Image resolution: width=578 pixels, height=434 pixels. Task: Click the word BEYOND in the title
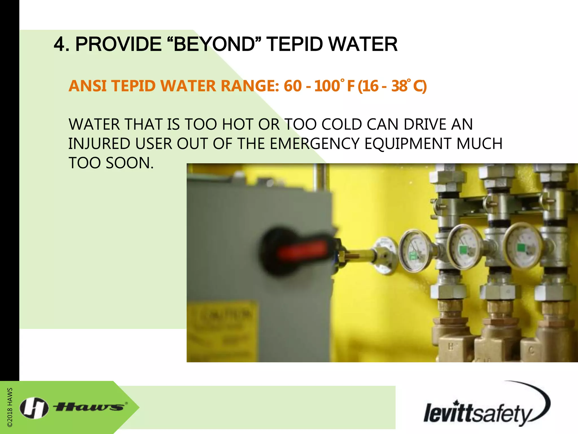point(214,44)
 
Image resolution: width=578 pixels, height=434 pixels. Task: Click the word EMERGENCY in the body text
point(314,144)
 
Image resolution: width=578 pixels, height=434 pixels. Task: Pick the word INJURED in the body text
point(99,144)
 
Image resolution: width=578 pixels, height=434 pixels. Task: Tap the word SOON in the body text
point(130,163)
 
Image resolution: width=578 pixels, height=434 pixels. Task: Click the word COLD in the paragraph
point(341,124)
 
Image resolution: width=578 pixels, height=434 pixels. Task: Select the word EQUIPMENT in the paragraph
point(408,144)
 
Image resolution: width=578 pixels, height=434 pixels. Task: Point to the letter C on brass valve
point(531,351)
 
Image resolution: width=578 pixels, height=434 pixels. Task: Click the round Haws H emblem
point(34,407)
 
